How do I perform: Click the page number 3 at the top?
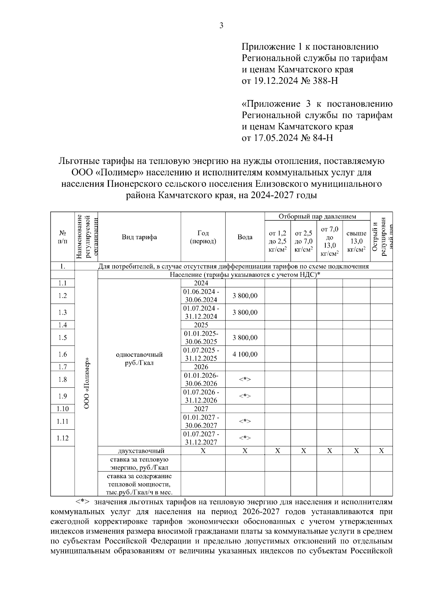point(221,25)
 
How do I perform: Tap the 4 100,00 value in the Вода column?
point(245,354)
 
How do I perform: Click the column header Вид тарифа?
point(139,237)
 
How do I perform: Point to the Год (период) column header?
point(203,237)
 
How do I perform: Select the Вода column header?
point(245,237)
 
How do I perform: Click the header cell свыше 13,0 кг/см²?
point(356,241)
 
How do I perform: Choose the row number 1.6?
point(62,354)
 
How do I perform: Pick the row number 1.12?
point(62,438)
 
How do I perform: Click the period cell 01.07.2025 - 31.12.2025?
point(201,354)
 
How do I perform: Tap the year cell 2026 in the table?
point(201,367)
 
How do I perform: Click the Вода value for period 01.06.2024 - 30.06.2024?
point(245,295)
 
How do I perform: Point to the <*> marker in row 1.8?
point(245,379)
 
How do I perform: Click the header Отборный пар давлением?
point(317,217)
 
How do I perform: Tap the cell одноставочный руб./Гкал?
point(139,359)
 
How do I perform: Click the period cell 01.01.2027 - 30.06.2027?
point(201,421)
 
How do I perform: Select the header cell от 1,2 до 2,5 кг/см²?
point(277,241)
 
